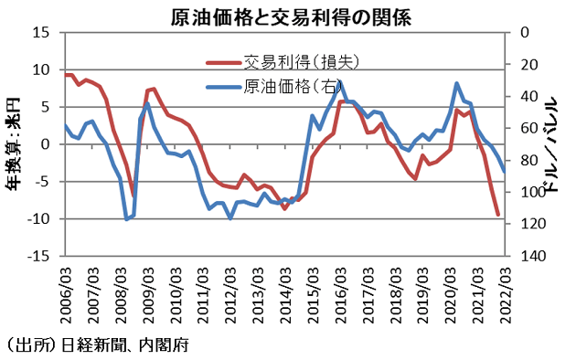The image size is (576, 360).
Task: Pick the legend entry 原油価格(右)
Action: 293,87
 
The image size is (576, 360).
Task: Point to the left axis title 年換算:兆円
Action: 14,146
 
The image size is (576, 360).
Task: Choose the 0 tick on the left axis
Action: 44,144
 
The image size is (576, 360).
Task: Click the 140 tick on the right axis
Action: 533,257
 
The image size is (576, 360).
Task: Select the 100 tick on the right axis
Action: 533,193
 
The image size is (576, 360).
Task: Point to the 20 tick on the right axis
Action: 530,64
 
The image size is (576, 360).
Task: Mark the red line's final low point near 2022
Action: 498,216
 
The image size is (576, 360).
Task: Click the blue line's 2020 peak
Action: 456,83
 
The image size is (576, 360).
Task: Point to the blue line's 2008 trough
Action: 126,219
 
